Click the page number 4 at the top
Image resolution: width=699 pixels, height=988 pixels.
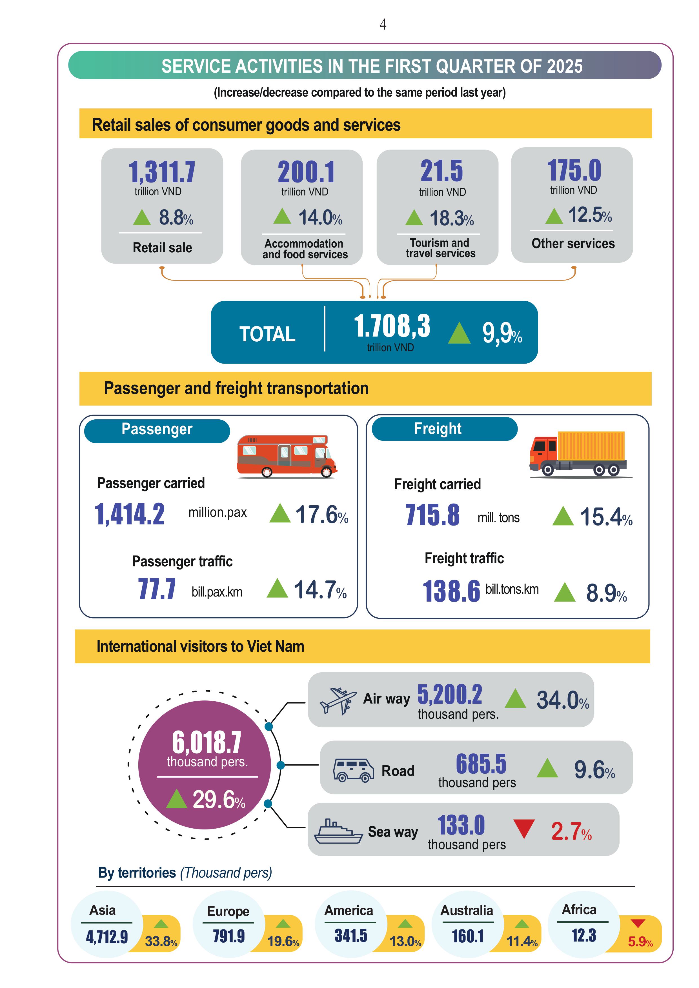383,25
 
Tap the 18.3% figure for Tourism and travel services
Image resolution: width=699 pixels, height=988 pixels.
452,218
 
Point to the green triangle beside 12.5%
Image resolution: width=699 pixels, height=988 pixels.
554,216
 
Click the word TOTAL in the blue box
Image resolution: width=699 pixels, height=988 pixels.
267,334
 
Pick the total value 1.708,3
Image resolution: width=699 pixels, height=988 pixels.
392,326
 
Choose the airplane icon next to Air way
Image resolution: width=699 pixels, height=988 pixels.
338,700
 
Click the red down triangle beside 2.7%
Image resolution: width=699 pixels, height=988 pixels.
524,828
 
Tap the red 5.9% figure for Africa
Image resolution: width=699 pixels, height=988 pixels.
640,942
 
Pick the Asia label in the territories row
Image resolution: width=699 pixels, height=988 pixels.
103,910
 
